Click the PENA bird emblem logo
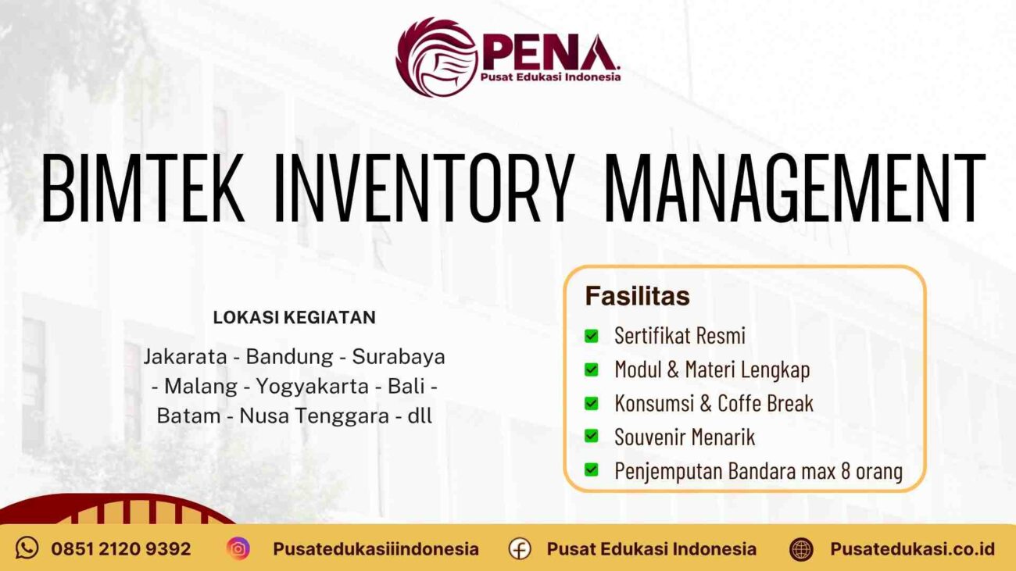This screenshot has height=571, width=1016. pos(435,56)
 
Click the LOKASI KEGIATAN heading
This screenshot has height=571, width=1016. pos(294,318)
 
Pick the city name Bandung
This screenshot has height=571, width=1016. pos(289,357)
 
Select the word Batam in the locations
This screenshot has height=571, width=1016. pos(188,416)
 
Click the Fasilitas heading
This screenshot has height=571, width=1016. pos(638,297)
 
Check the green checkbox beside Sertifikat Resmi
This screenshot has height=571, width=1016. pos(592,336)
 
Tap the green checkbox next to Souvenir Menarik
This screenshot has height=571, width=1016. pos(592,436)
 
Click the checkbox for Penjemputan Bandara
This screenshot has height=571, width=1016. pos(592,470)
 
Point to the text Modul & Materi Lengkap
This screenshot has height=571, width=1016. pos(712,369)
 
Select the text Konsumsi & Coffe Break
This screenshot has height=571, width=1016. pos(714,403)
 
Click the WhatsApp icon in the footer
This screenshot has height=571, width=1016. pos(27,548)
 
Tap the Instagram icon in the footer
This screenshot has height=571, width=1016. pos(238,548)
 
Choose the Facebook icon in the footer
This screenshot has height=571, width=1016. pos(520,549)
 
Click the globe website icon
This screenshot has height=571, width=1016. pos(801,549)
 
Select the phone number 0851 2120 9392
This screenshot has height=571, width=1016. pos(121,549)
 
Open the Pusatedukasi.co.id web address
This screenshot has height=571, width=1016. pos(912,549)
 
